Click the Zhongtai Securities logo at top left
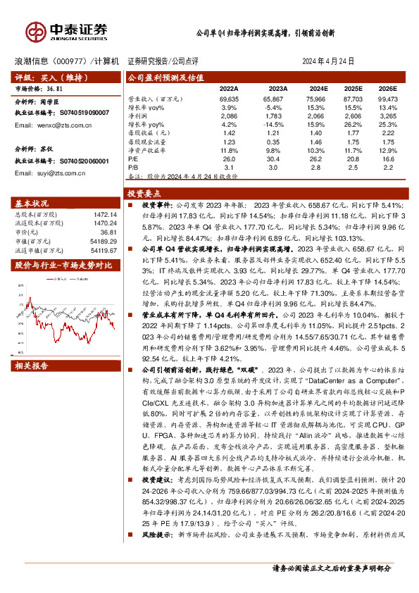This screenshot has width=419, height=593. (x=67, y=30)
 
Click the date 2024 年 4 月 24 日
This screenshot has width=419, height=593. (x=328, y=61)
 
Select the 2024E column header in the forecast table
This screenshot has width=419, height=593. (x=319, y=89)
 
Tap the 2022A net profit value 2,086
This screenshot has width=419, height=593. (x=229, y=114)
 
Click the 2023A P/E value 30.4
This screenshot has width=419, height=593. (x=279, y=159)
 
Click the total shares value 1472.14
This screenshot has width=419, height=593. (x=104, y=214)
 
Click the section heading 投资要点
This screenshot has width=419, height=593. (x=142, y=192)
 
